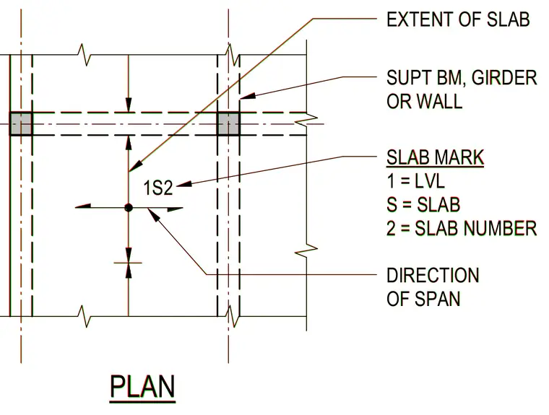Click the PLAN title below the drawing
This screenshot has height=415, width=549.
point(142,387)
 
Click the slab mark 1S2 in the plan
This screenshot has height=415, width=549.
point(158,188)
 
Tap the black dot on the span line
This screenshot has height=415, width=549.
point(129,208)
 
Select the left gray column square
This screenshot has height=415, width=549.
point(21,124)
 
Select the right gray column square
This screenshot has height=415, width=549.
point(229,124)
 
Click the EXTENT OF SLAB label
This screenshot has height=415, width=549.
point(458,19)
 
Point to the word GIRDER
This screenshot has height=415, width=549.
point(504,78)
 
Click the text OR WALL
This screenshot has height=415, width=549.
point(424,101)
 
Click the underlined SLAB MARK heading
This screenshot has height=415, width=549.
point(435,157)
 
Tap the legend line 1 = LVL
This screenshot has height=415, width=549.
point(415,181)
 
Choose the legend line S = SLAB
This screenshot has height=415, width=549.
point(423,205)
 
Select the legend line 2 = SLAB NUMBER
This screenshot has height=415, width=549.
point(462,228)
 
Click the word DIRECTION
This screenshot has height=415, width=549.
point(433,275)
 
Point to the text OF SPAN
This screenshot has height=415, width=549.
point(423,299)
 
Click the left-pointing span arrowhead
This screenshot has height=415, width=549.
point(83,206)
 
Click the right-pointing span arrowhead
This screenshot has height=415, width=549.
point(175,209)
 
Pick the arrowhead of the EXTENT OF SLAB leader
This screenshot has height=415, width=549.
point(136,165)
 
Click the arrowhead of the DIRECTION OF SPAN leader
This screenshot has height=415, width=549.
point(154,214)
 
